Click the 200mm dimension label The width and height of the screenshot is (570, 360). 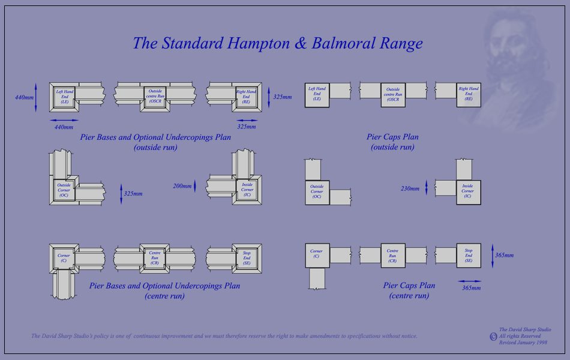[x=183, y=186]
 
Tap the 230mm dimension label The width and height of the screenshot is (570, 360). [x=410, y=188]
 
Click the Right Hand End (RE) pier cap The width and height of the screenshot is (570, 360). [x=468, y=95]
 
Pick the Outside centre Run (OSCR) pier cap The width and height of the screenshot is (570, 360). [x=393, y=95]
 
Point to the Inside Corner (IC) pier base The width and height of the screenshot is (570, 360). [x=247, y=190]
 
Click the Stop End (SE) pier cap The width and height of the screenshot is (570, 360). [x=469, y=256]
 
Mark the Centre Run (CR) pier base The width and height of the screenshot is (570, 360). [x=154, y=257]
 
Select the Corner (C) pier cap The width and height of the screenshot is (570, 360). [x=317, y=256]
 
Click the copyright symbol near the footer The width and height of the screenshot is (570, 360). [x=493, y=337]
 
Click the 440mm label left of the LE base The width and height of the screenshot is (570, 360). [x=25, y=97]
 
